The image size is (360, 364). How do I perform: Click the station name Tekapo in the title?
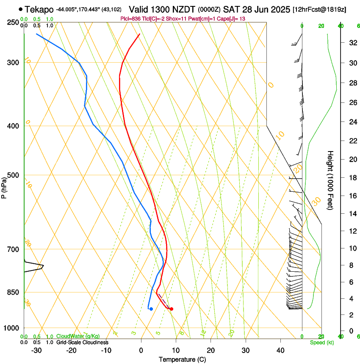click(x=39, y=9)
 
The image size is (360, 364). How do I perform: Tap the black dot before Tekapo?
click(x=21, y=9)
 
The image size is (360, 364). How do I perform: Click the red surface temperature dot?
click(x=171, y=309)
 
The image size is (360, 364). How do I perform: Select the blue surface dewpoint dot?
click(x=151, y=309)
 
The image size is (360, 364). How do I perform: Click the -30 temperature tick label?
click(x=36, y=350)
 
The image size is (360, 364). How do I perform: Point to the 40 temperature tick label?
click(x=280, y=350)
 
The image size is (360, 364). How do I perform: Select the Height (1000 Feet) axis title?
click(x=330, y=180)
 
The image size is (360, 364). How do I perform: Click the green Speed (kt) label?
click(x=321, y=342)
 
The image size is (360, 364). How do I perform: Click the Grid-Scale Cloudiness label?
click(x=82, y=342)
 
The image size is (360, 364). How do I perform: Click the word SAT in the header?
click(x=231, y=9)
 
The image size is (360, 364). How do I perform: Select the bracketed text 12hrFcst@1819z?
click(x=319, y=9)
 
